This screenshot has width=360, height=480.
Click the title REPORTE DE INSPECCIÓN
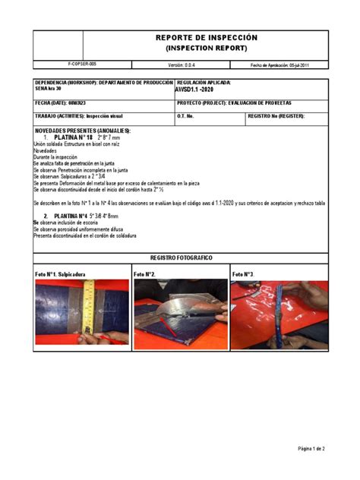click(207, 37)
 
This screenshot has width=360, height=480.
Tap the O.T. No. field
click(187, 116)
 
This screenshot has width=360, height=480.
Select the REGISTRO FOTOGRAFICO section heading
click(181, 258)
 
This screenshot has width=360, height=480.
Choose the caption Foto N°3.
click(244, 273)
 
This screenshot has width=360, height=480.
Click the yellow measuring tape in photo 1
click(89, 311)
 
